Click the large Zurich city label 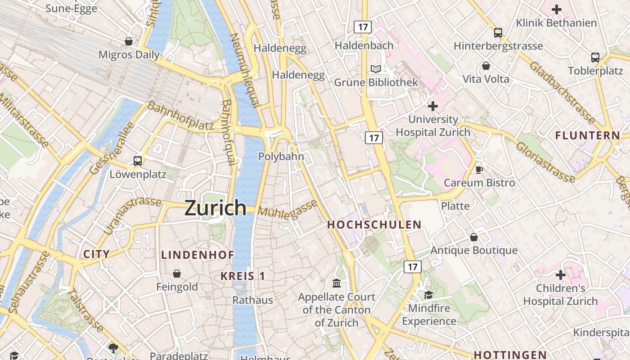pyautogui.click(x=216, y=208)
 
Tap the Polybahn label pyautogui.click(x=281, y=157)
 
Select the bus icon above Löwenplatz pyautogui.click(x=138, y=161)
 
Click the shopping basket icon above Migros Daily pyautogui.click(x=129, y=41)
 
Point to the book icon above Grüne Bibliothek pyautogui.click(x=376, y=69)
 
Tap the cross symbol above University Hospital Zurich pyautogui.click(x=433, y=106)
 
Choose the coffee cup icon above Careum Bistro pyautogui.click(x=479, y=170)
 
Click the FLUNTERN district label pyautogui.click(x=588, y=135)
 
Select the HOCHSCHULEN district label pyautogui.click(x=374, y=225)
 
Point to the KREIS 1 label pyautogui.click(x=243, y=276)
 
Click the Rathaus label pyautogui.click(x=252, y=300)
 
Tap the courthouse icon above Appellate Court pyautogui.click(x=336, y=283)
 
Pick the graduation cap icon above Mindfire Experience pyautogui.click(x=428, y=295)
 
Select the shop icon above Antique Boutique pyautogui.click(x=474, y=237)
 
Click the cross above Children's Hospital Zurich pyautogui.click(x=560, y=274)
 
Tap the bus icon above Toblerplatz pyautogui.click(x=595, y=58)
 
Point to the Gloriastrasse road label pyautogui.click(x=545, y=162)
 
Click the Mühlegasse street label pyautogui.click(x=288, y=210)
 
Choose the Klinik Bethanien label pyautogui.click(x=557, y=22)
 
